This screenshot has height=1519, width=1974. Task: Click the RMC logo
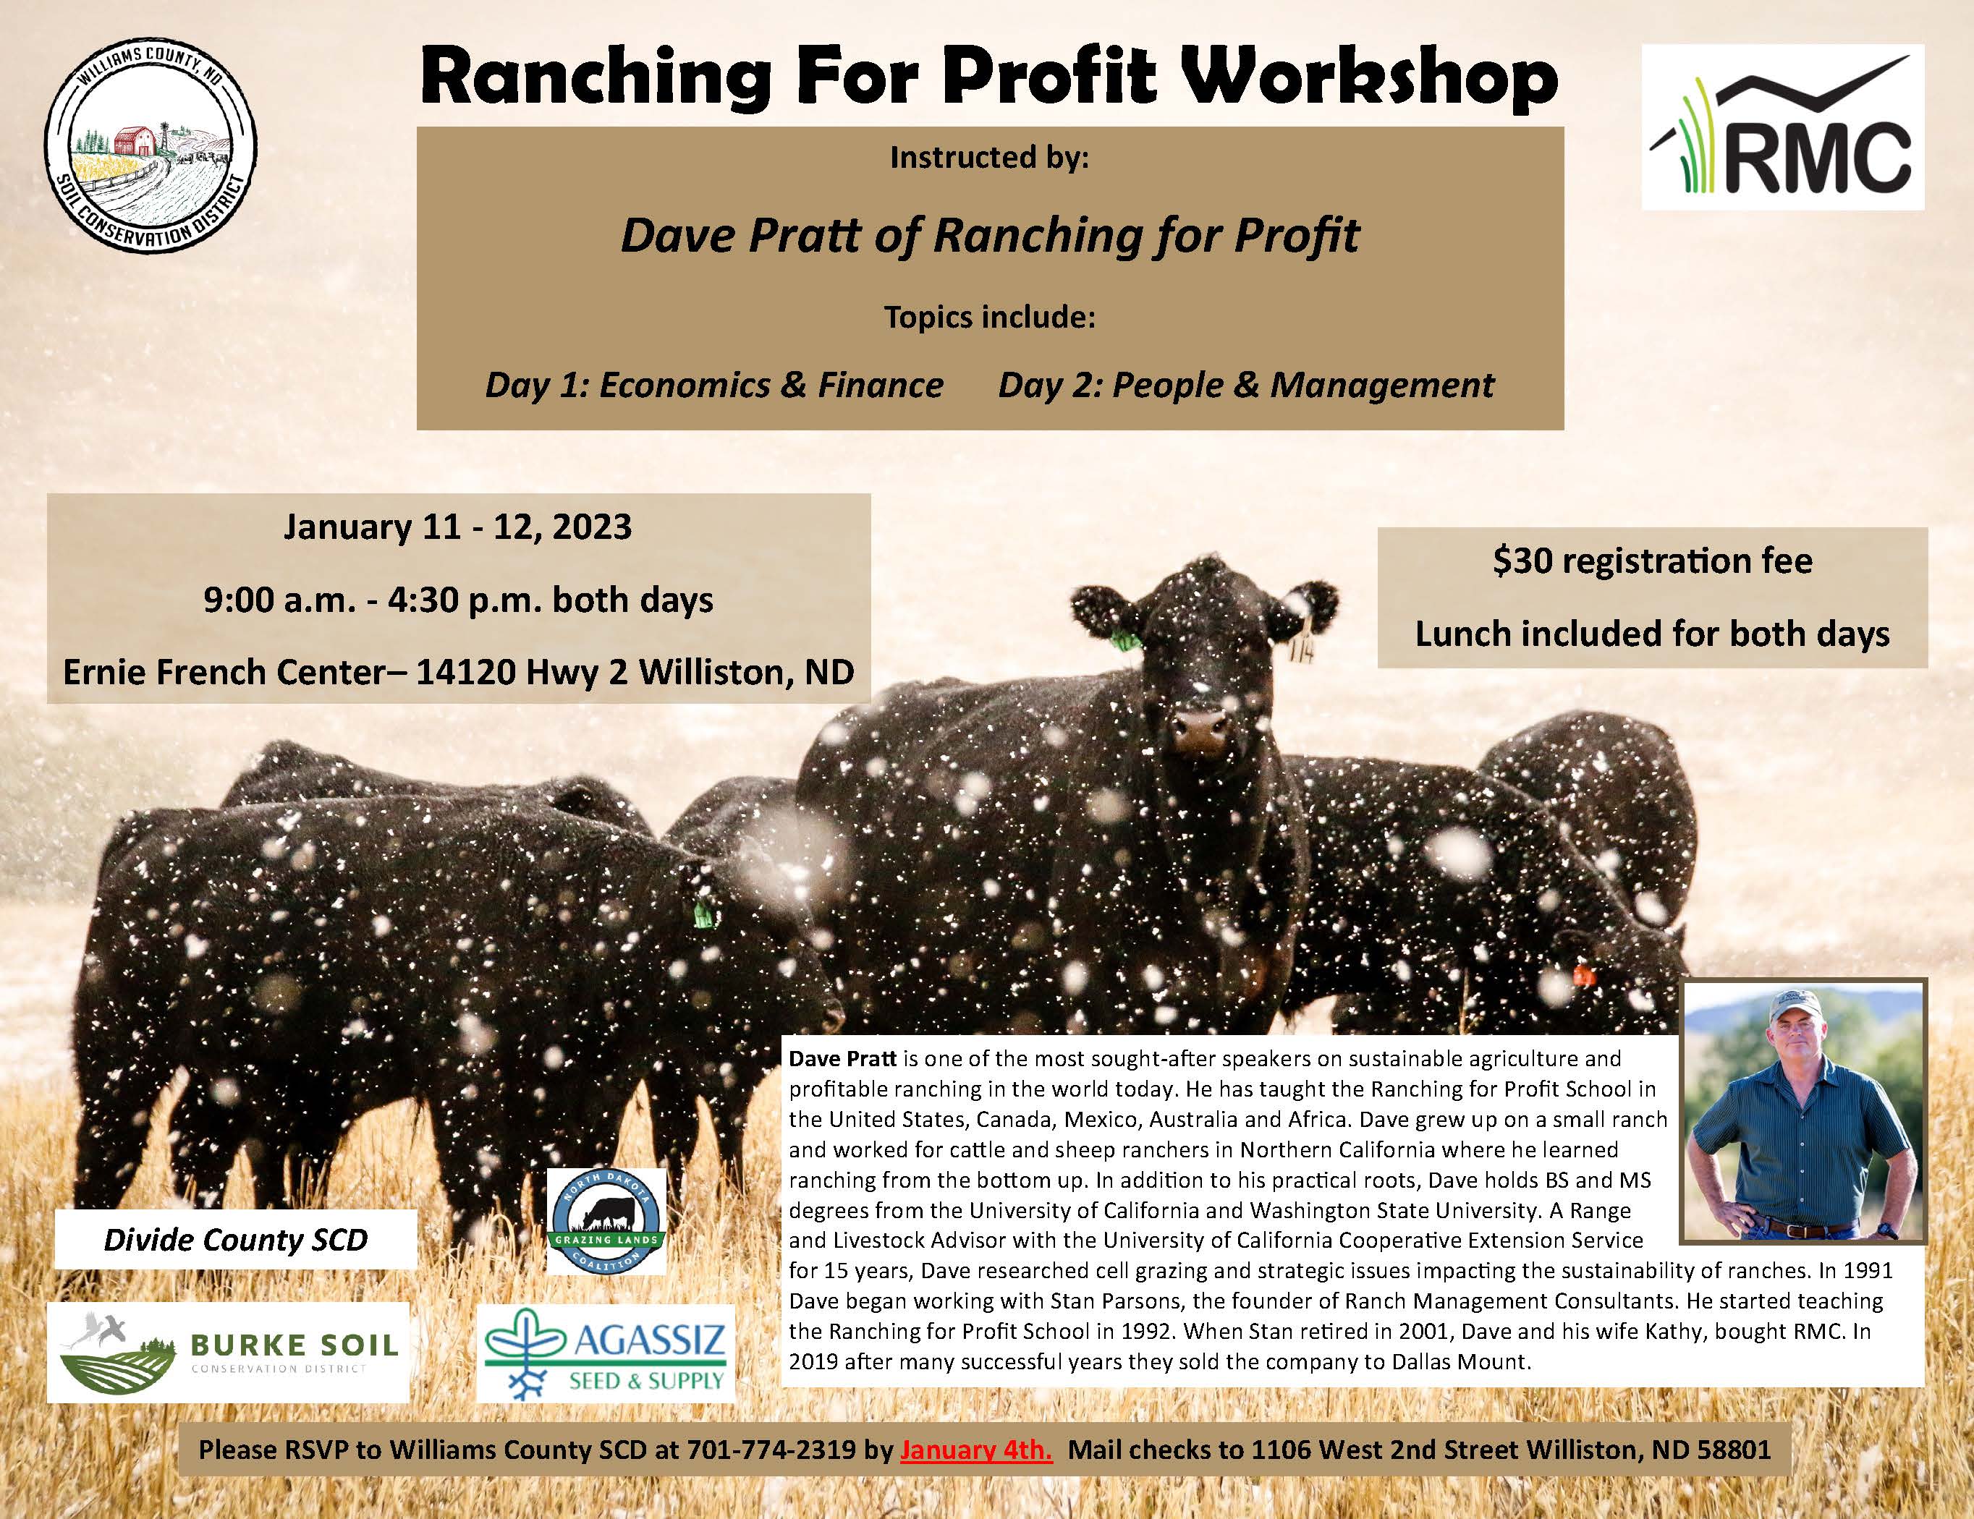1782,127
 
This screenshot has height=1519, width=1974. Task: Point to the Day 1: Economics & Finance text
714,385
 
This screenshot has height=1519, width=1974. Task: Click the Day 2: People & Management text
1246,385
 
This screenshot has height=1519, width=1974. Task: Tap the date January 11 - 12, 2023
458,527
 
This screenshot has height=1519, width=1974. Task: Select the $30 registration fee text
1652,562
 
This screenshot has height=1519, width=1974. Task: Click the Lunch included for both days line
1652,634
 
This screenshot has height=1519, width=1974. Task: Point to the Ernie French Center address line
458,672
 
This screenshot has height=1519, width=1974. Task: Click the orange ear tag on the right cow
1582,975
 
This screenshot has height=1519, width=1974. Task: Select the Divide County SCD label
236,1239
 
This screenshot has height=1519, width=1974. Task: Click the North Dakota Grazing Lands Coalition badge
607,1222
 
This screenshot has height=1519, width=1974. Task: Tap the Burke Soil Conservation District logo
228,1352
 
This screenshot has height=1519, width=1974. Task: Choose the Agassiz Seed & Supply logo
606,1351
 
